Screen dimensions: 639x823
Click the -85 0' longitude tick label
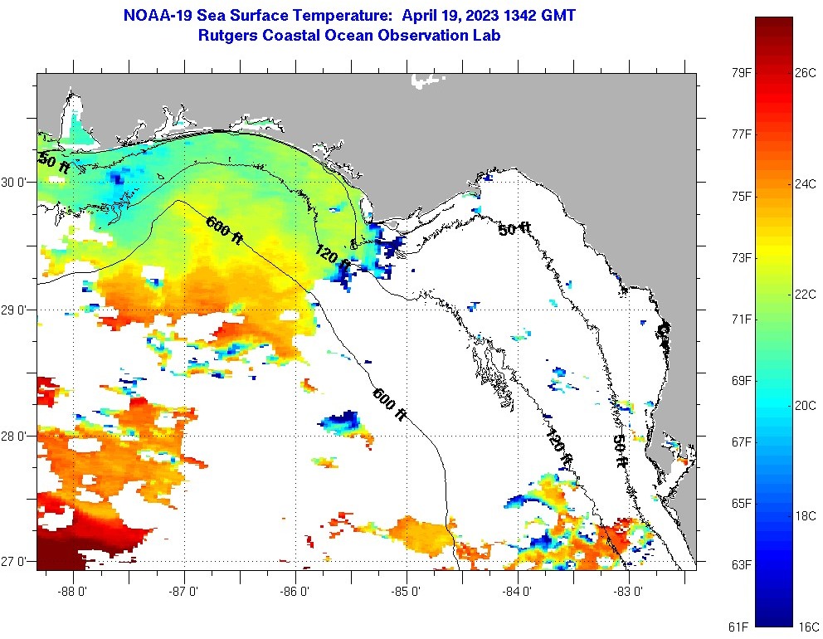point(407,592)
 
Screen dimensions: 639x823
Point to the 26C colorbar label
point(805,73)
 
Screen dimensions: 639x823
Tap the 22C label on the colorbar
point(805,295)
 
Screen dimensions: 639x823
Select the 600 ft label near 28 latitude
point(389,404)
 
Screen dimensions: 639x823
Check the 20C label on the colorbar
point(805,405)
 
